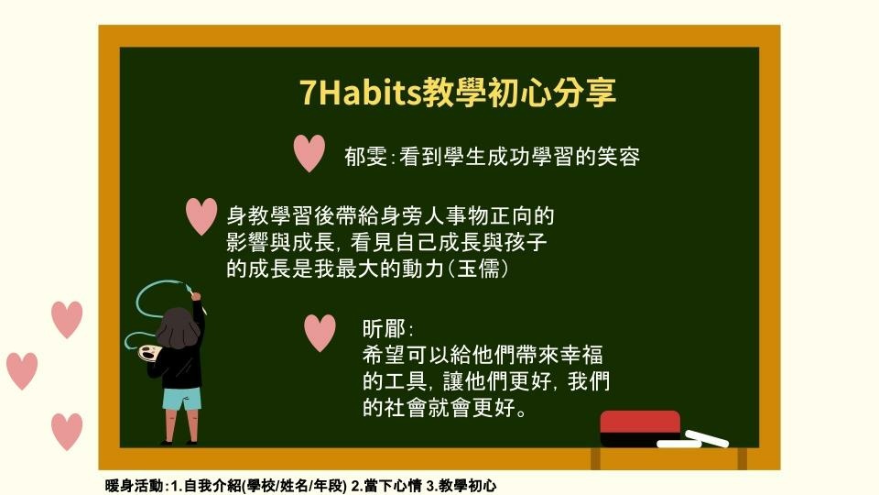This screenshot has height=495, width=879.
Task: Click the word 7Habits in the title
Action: pos(361,92)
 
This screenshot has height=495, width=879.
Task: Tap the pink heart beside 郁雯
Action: pos(309,153)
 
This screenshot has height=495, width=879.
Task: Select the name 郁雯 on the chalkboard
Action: pos(366,157)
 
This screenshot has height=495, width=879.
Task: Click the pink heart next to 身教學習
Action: pos(201,216)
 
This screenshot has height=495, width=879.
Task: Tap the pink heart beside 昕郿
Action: pos(320,333)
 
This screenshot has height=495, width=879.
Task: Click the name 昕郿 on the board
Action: pos(384,328)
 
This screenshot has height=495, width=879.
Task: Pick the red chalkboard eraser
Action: pos(640,428)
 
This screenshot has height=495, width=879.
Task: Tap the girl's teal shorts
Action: pos(181,399)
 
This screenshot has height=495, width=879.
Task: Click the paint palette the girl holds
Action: pos(149,353)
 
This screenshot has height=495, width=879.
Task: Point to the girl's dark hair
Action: pos(178,328)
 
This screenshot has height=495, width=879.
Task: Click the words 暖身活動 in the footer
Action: pos(135,486)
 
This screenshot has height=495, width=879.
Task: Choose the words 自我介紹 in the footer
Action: pos(212,486)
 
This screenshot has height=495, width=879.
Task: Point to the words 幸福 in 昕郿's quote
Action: pos(581,355)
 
